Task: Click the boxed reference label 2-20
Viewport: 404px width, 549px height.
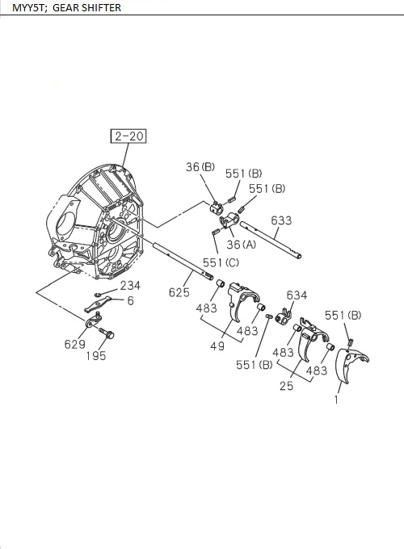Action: [128, 136]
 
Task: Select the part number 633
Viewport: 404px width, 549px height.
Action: [281, 220]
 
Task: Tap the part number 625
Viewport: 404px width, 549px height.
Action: [179, 292]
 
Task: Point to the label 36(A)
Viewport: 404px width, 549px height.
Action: [241, 245]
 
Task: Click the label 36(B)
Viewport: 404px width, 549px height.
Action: [200, 167]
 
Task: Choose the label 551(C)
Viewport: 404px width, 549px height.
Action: [221, 262]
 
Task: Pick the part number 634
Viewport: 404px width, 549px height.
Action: [297, 295]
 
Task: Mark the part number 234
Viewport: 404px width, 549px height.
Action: [130, 285]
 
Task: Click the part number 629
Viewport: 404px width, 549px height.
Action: [74, 344]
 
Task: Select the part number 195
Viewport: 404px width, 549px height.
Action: [96, 356]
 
